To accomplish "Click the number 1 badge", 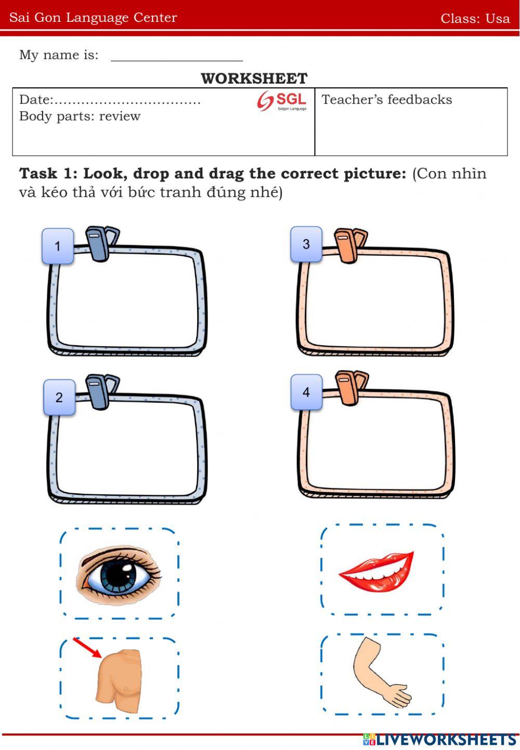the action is (58, 246).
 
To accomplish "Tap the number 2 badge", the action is (59, 397).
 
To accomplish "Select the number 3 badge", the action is (306, 244).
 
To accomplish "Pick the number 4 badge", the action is (307, 392).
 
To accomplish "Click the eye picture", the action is (118, 574).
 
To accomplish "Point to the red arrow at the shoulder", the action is (87, 648).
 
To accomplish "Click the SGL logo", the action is (282, 101).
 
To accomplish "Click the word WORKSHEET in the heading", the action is (254, 78).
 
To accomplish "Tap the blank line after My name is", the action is (177, 61).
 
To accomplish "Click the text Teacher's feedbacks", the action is (387, 99).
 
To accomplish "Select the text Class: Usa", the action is (475, 18).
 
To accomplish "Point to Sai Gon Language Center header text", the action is (93, 18).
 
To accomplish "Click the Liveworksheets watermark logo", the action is (439, 740).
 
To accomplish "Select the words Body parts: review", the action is (80, 116).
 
